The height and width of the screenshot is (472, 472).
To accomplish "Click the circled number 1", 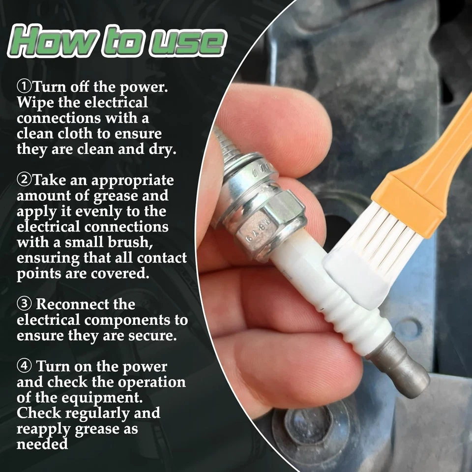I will pos(24,87).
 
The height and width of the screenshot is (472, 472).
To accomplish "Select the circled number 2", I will pos(24,180).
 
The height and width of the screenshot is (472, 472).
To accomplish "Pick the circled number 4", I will pos(24,366).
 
